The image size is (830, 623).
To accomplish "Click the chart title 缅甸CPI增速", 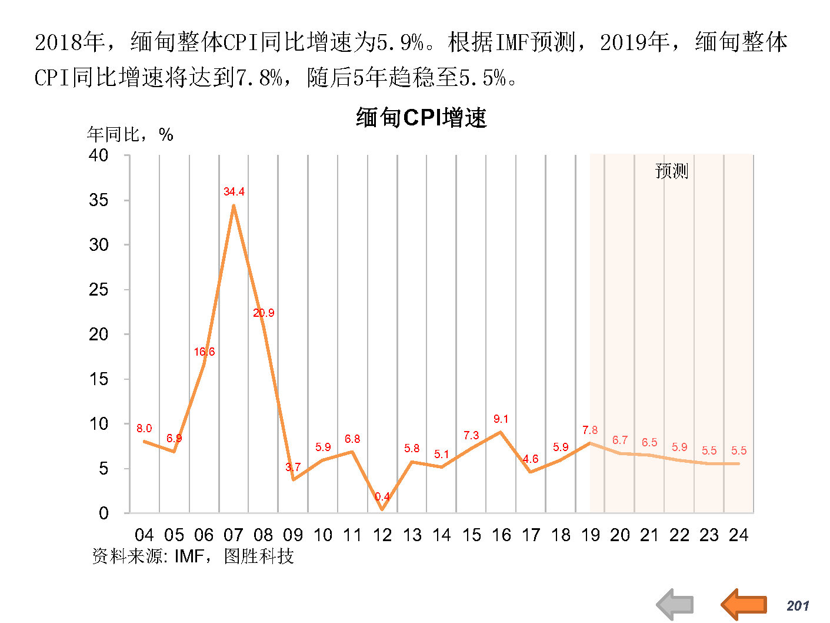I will [x=421, y=118].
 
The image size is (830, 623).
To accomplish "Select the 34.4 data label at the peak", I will [x=234, y=192].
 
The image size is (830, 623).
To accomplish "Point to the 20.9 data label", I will [x=264, y=313].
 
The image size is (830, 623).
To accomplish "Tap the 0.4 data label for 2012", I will [x=382, y=497].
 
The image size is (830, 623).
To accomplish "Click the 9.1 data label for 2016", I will [x=501, y=419].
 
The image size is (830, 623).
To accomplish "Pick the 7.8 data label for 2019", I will [x=590, y=430].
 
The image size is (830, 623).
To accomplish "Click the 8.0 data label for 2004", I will [x=144, y=429].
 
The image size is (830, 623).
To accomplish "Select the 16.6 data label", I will [x=204, y=352].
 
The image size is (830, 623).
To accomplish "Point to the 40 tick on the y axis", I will [x=98, y=155].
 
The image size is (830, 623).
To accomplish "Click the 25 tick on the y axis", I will [x=98, y=290].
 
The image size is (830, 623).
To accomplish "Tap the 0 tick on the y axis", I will [x=104, y=513].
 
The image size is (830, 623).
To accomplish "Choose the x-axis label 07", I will [x=234, y=535].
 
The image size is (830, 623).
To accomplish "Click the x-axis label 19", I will [x=590, y=535].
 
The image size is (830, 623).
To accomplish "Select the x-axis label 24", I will [x=739, y=535].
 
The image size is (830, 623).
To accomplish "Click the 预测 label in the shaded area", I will [x=671, y=171].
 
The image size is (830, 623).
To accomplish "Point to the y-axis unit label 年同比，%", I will [x=130, y=135].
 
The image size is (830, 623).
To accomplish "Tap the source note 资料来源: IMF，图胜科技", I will [x=193, y=556].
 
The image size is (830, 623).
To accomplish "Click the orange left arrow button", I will [x=744, y=604].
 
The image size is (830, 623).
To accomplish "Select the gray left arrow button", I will [x=675, y=605].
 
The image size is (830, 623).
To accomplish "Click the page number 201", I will [x=798, y=606].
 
